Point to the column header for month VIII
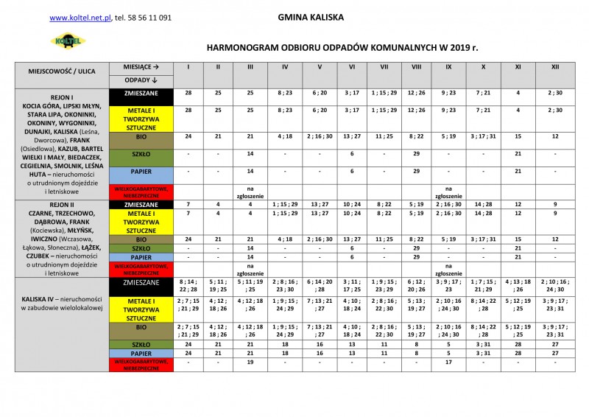click(x=416, y=66)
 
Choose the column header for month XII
click(x=554, y=66)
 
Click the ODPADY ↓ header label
click(x=137, y=79)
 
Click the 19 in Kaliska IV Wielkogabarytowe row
click(x=250, y=362)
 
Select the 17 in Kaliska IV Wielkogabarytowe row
click(x=448, y=362)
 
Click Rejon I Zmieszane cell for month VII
click(x=384, y=94)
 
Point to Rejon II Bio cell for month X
click(x=482, y=239)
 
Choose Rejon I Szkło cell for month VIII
click(x=416, y=153)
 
